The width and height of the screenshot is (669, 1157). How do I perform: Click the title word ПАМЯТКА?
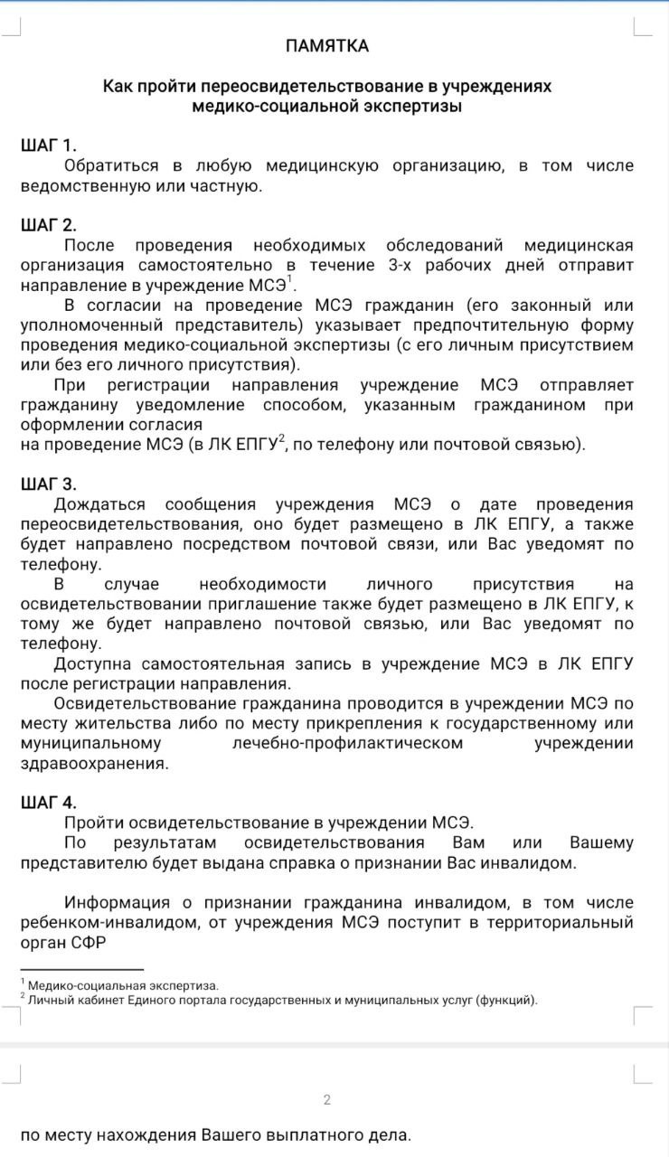326,46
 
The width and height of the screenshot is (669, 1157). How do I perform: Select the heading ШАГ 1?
49,146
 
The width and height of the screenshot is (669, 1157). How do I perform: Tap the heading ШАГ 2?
49,225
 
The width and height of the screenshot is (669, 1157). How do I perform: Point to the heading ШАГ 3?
49,484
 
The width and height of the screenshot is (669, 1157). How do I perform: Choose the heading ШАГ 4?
49,803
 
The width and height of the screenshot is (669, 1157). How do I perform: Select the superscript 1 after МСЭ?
290,279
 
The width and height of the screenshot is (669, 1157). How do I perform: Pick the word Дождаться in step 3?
94,504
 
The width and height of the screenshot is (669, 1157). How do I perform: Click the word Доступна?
94,663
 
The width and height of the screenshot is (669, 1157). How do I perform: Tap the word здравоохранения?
94,763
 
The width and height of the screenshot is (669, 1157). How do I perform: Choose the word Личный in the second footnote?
47,1000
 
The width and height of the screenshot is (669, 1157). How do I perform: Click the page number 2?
326,1100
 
